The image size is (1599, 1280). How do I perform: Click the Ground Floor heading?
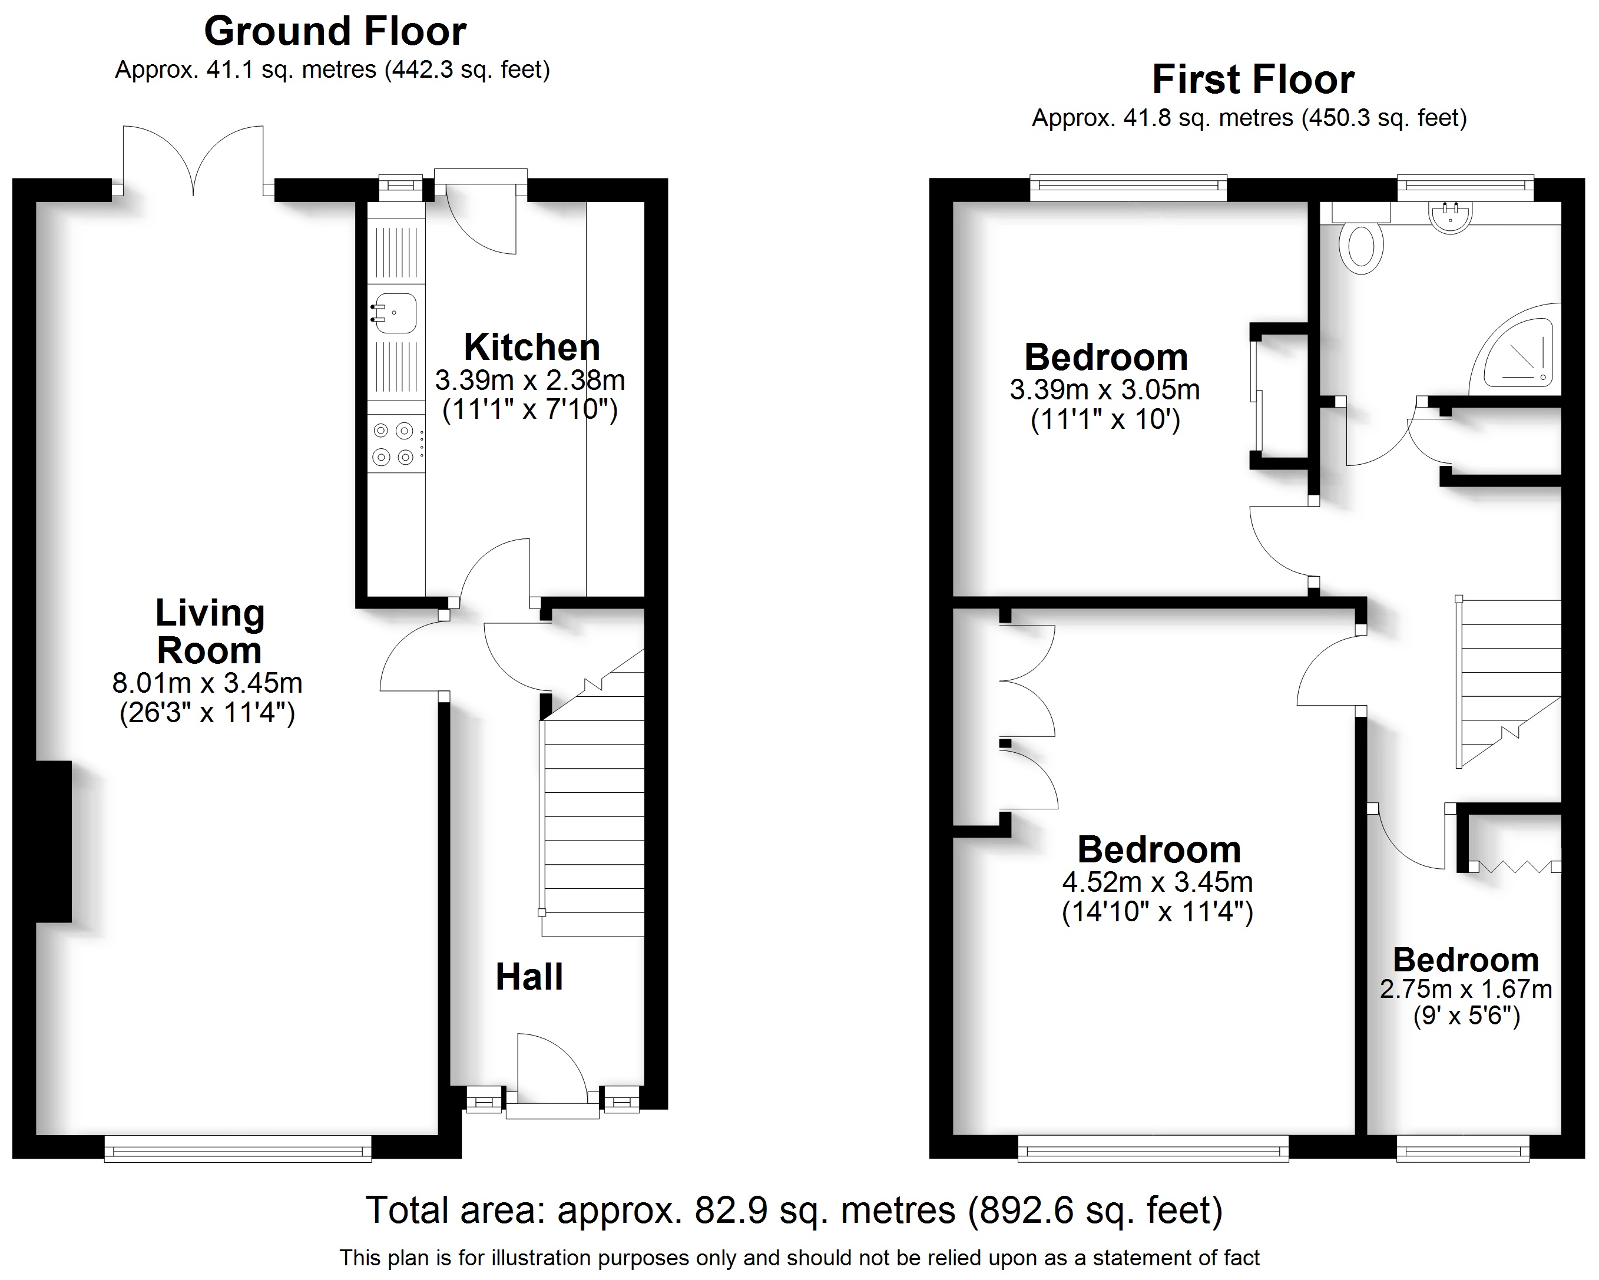pos(335,32)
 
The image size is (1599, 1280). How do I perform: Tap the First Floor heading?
pos(1253,80)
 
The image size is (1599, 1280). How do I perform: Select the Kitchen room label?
pos(532,347)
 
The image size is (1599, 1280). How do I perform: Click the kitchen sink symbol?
pos(395,313)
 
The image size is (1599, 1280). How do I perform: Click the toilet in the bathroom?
pos(1361,247)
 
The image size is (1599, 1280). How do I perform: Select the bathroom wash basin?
pos(1449,217)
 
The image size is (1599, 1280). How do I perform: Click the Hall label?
pos(529,977)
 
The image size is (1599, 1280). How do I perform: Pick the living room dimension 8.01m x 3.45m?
pos(207,682)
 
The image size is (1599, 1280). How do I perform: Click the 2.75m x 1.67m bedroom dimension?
pos(1465,989)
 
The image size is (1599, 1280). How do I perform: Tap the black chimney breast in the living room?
pos(54,842)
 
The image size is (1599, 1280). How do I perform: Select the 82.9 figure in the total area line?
pos(726,1210)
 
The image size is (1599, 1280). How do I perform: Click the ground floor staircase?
pos(593,816)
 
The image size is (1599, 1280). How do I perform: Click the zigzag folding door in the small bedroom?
pos(1513,865)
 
